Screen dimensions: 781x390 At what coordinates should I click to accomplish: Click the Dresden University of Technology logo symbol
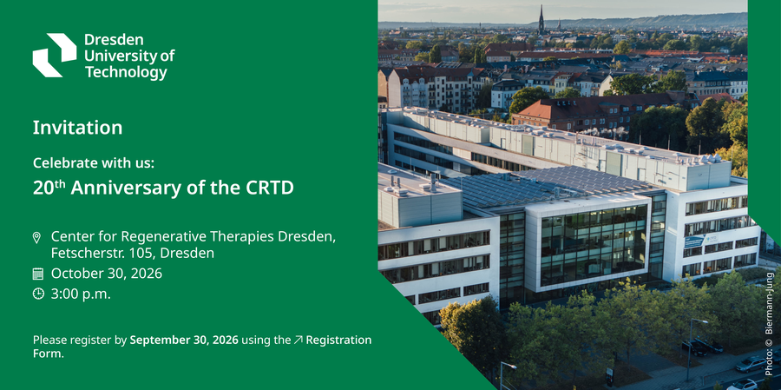click(55, 56)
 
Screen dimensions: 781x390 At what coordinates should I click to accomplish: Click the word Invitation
click(78, 128)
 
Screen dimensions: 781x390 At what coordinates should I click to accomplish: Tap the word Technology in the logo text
click(126, 73)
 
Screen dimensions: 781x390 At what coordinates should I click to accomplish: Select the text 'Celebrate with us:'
click(93, 162)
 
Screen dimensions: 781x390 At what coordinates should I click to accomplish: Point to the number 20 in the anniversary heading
click(43, 188)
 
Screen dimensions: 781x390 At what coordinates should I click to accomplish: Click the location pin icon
click(36, 237)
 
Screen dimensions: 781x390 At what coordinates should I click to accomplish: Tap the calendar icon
click(38, 274)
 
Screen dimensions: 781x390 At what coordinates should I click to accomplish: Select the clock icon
click(38, 294)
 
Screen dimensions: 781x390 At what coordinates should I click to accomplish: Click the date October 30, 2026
click(107, 274)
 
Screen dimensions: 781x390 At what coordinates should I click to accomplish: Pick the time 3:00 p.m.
click(81, 294)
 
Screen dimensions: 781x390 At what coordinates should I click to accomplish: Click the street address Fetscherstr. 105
click(99, 254)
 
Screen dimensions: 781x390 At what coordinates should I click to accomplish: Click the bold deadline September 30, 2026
click(184, 340)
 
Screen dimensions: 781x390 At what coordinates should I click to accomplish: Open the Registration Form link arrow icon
click(299, 340)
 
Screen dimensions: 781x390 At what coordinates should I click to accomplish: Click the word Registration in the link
click(338, 340)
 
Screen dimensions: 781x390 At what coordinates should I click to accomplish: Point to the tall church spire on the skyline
click(541, 21)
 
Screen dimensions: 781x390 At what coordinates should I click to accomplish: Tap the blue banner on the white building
click(693, 241)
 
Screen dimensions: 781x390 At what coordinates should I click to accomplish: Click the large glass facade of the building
click(594, 244)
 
